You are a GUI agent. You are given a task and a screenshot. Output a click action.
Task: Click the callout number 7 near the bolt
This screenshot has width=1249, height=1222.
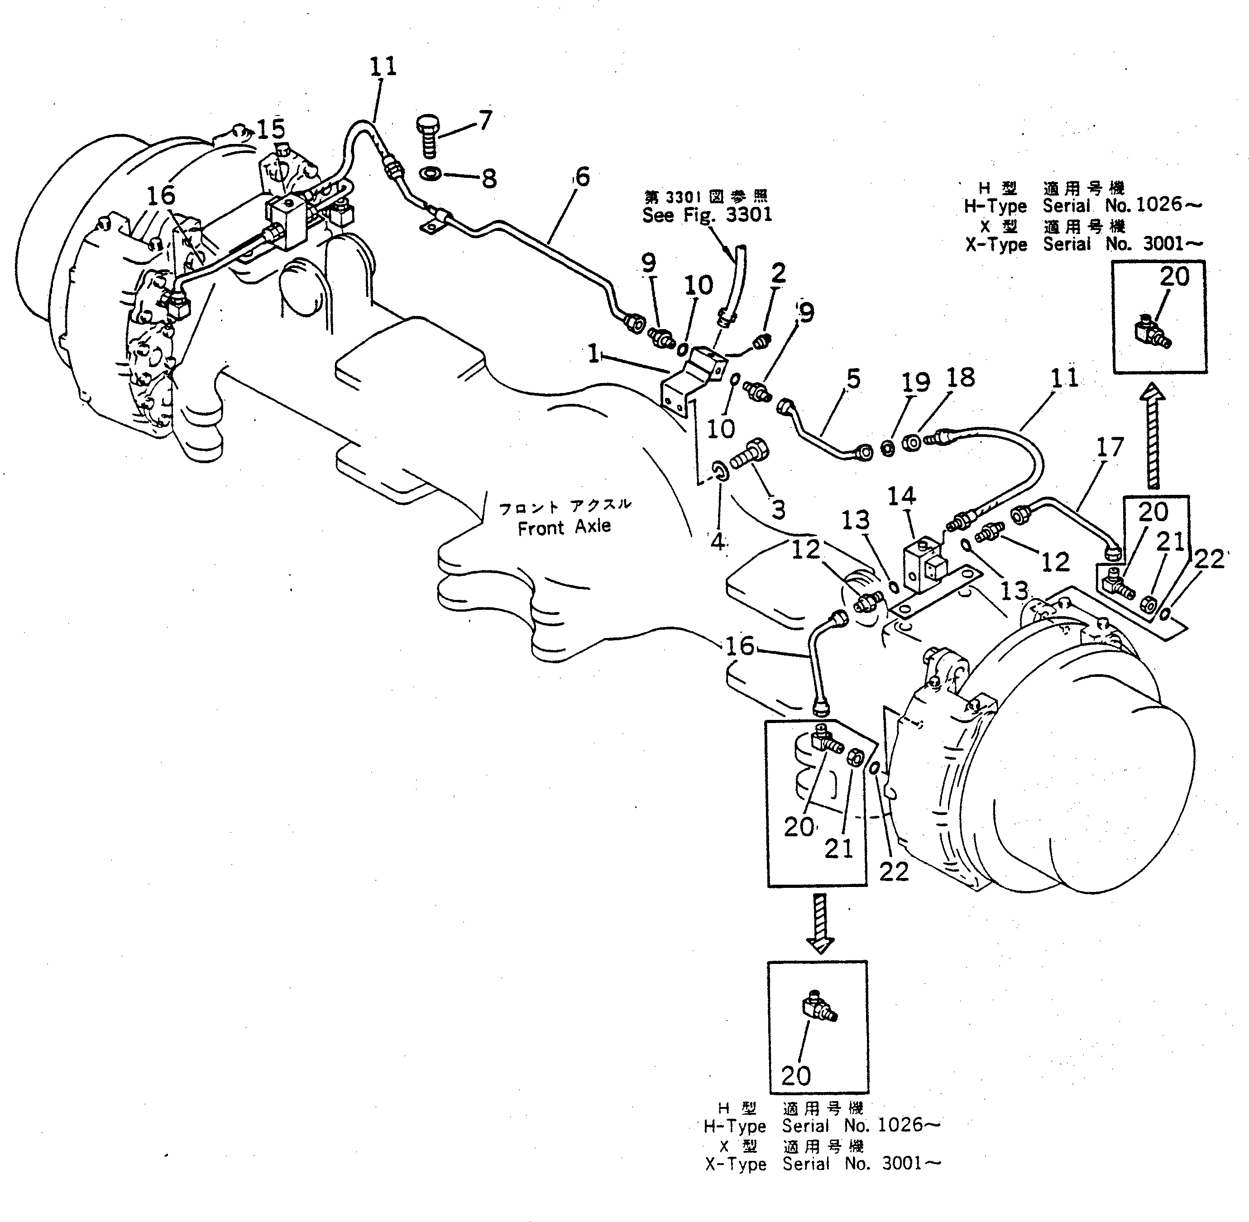tap(485, 120)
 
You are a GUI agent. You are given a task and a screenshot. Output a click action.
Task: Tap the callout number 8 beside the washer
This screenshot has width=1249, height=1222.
tap(489, 178)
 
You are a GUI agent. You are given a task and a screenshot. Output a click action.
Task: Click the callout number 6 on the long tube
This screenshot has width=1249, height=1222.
tap(582, 177)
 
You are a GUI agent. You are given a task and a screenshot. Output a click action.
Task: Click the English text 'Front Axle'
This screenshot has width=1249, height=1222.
tap(564, 527)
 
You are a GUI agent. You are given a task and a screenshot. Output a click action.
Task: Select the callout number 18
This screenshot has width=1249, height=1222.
tap(960, 378)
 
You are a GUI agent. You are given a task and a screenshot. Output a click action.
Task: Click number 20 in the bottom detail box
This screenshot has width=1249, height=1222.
tap(796, 1075)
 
